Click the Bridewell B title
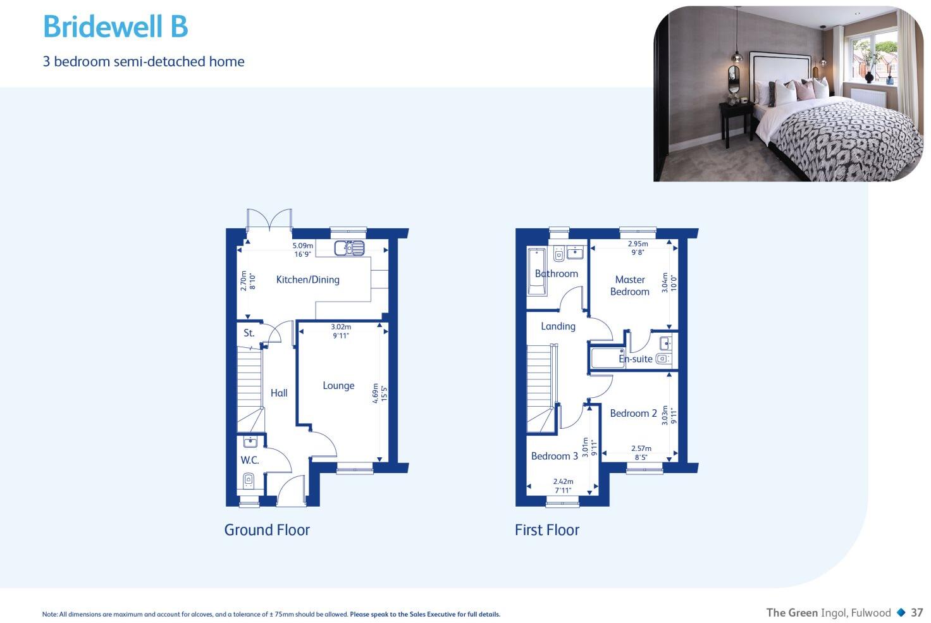click(115, 27)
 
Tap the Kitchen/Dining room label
click(307, 280)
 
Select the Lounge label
click(338, 385)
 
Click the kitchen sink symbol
click(349, 248)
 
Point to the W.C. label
click(249, 460)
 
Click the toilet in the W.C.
click(249, 481)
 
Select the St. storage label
click(249, 333)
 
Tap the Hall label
click(279, 393)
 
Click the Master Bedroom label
click(629, 285)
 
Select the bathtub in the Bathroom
click(536, 271)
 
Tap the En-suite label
click(635, 359)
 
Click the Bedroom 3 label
click(554, 456)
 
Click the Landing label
click(558, 326)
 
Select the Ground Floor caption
click(267, 530)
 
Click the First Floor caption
click(546, 530)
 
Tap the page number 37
click(916, 612)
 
